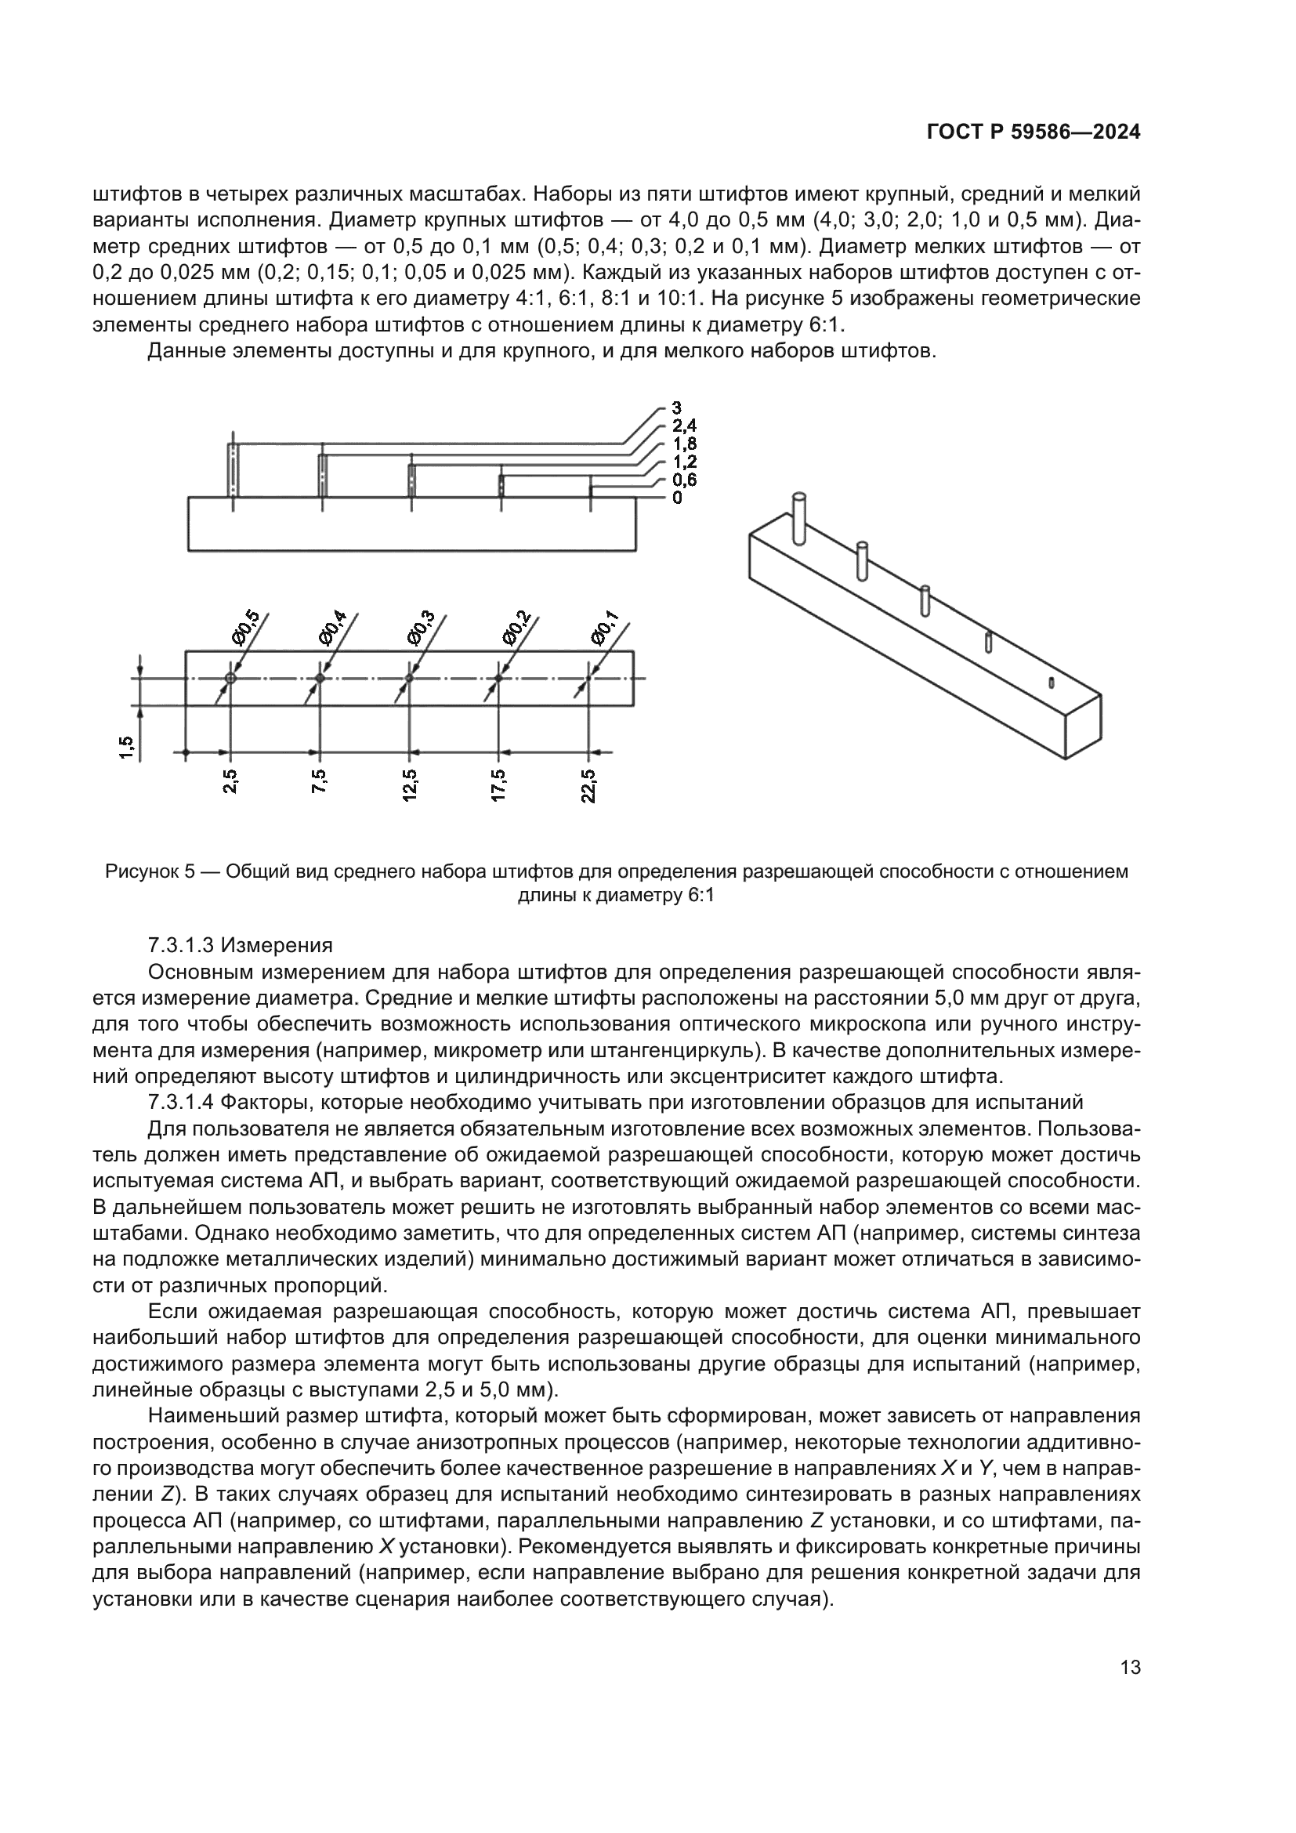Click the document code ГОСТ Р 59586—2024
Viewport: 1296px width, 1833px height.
[x=1033, y=132]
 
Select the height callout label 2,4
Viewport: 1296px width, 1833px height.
[x=684, y=426]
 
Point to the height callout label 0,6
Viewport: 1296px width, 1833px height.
[x=684, y=480]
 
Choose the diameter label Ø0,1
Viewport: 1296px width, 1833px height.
[x=604, y=628]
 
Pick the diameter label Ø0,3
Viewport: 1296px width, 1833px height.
[x=421, y=628]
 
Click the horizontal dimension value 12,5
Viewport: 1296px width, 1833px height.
[x=409, y=785]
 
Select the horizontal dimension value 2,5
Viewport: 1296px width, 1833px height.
[x=230, y=782]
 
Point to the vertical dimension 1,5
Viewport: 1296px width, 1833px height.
[x=127, y=748]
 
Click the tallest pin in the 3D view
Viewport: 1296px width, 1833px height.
[x=798, y=519]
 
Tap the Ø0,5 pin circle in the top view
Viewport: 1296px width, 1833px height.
[x=230, y=678]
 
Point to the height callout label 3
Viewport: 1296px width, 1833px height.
[x=677, y=409]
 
